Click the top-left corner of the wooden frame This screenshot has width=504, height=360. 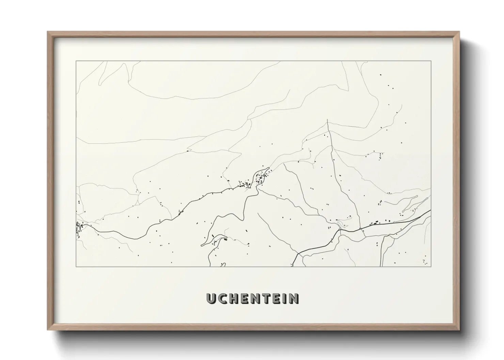pos(48,32)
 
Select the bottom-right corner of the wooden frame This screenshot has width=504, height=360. pos(459,330)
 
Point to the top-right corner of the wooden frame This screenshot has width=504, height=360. pos(459,32)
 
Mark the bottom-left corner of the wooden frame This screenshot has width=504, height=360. pos(48,330)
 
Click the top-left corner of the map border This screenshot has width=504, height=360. pos(76,61)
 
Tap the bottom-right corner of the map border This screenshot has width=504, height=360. pos(431,266)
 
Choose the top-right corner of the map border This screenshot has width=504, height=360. pos(431,61)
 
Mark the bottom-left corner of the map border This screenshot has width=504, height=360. pos(76,266)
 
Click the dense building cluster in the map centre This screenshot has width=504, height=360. pos(261,178)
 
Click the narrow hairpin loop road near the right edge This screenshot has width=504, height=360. pos(410,204)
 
